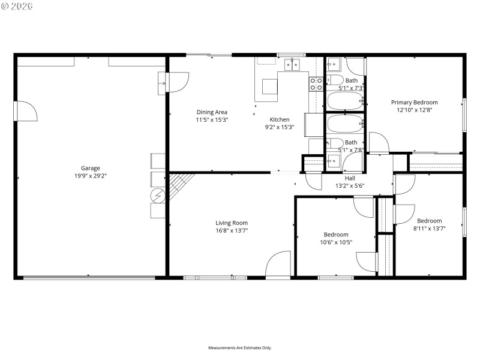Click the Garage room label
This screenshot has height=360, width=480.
(91, 168)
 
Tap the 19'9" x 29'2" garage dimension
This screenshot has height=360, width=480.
(91, 176)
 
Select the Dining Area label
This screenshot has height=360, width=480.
(212, 112)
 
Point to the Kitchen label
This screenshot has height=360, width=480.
(280, 119)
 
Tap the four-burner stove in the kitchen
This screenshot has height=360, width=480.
(316, 84)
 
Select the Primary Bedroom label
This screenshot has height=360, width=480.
(415, 102)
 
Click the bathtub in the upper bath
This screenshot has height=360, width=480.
(345, 100)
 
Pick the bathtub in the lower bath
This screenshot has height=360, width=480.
(345, 125)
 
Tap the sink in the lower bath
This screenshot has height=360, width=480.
(333, 161)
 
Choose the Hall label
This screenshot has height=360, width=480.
(350, 178)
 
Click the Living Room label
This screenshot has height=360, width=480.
(232, 223)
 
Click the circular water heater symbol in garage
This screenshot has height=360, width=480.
(158, 196)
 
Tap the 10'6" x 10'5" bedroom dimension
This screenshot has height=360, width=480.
(336, 242)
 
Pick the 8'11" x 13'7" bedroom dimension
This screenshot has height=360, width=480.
(430, 228)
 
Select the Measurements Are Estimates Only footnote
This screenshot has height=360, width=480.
(240, 347)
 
